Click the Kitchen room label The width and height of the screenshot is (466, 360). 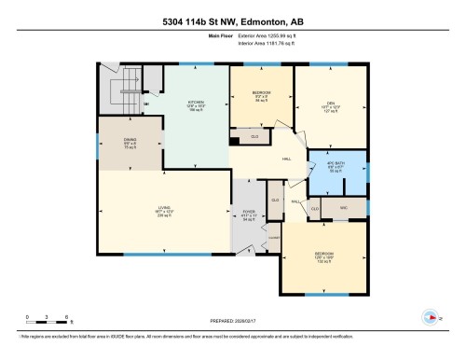coord(195,104)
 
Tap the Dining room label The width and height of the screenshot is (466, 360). coord(130,144)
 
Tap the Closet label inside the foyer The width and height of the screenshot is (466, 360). coord(275,201)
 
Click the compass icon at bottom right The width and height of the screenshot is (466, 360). coord(430,314)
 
